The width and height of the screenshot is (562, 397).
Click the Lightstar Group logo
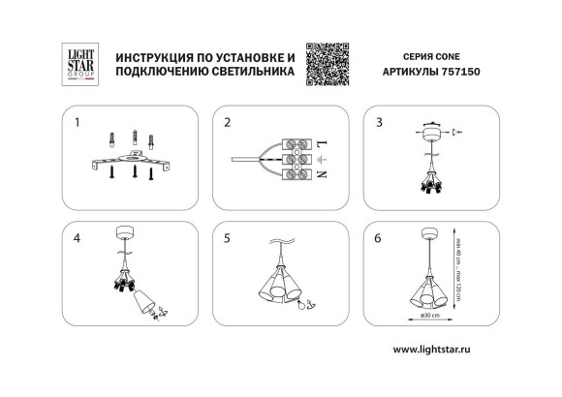click(77, 64)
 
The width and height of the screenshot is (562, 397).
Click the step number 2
click(227, 124)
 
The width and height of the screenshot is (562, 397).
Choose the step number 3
click(380, 124)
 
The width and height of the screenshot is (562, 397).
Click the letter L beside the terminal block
click(323, 142)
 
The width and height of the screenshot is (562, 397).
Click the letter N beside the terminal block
click(323, 175)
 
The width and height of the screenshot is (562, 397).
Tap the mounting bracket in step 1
click(123, 159)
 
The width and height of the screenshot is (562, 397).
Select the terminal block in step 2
click(295, 159)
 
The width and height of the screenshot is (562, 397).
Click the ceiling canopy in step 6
click(426, 232)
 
